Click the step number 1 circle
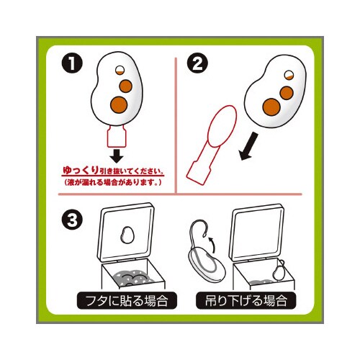pyautogui.click(x=72, y=63)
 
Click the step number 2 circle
pyautogui.click(x=197, y=63)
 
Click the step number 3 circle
pyautogui.click(x=72, y=220)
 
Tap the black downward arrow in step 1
pyautogui.click(x=117, y=156)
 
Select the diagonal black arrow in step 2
pyautogui.click(x=249, y=147)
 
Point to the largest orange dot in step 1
pyautogui.click(x=119, y=105)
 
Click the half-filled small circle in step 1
pyautogui.click(x=120, y=71)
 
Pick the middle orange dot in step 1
pyautogui.click(x=126, y=86)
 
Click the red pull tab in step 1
pyautogui.click(x=117, y=136)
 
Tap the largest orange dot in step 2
pyautogui.click(x=271, y=107)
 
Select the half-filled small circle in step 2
pyautogui.click(x=289, y=75)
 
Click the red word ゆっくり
pyautogui.click(x=81, y=171)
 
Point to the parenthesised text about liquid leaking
pyautogui.click(x=113, y=183)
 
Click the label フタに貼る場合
pyautogui.click(x=127, y=300)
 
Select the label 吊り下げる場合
pyautogui.click(x=246, y=300)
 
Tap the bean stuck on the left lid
pyautogui.click(x=127, y=235)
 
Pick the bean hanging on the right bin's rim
pyautogui.click(x=279, y=271)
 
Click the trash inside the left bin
pyautogui.click(x=131, y=278)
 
